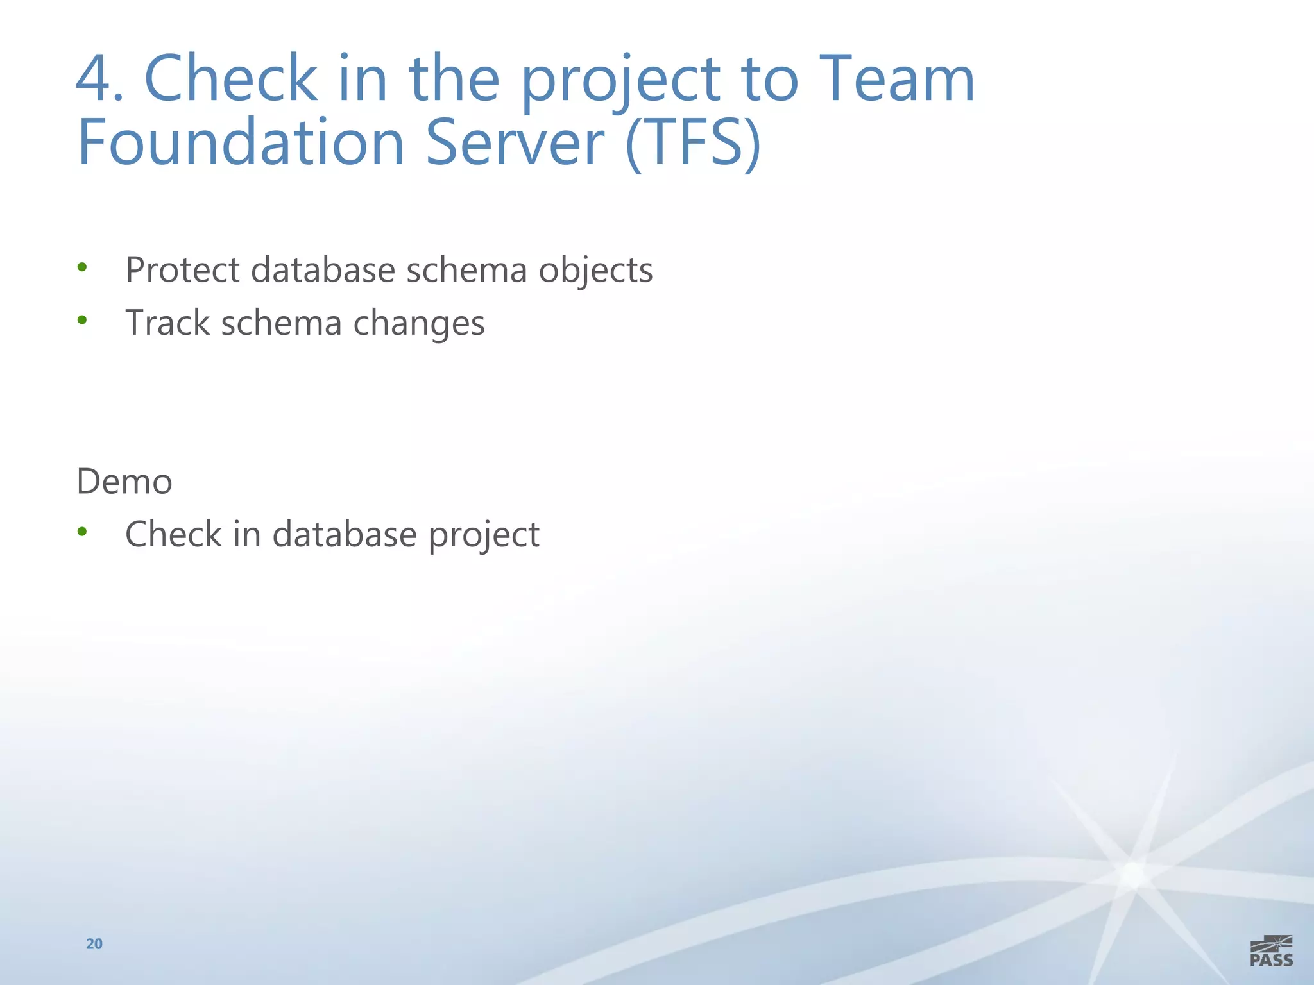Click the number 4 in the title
pyautogui.click(x=98, y=78)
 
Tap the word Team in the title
pyautogui.click(x=897, y=78)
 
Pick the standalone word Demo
pyautogui.click(x=124, y=482)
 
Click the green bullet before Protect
pyautogui.click(x=81, y=267)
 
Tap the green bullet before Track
pyautogui.click(x=81, y=319)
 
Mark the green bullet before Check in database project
pyautogui.click(x=81, y=531)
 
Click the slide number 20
pyautogui.click(x=94, y=943)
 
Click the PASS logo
pyautogui.click(x=1271, y=951)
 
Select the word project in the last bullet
pyautogui.click(x=484, y=535)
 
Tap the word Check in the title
pyautogui.click(x=231, y=78)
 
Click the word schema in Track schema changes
pyautogui.click(x=281, y=322)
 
